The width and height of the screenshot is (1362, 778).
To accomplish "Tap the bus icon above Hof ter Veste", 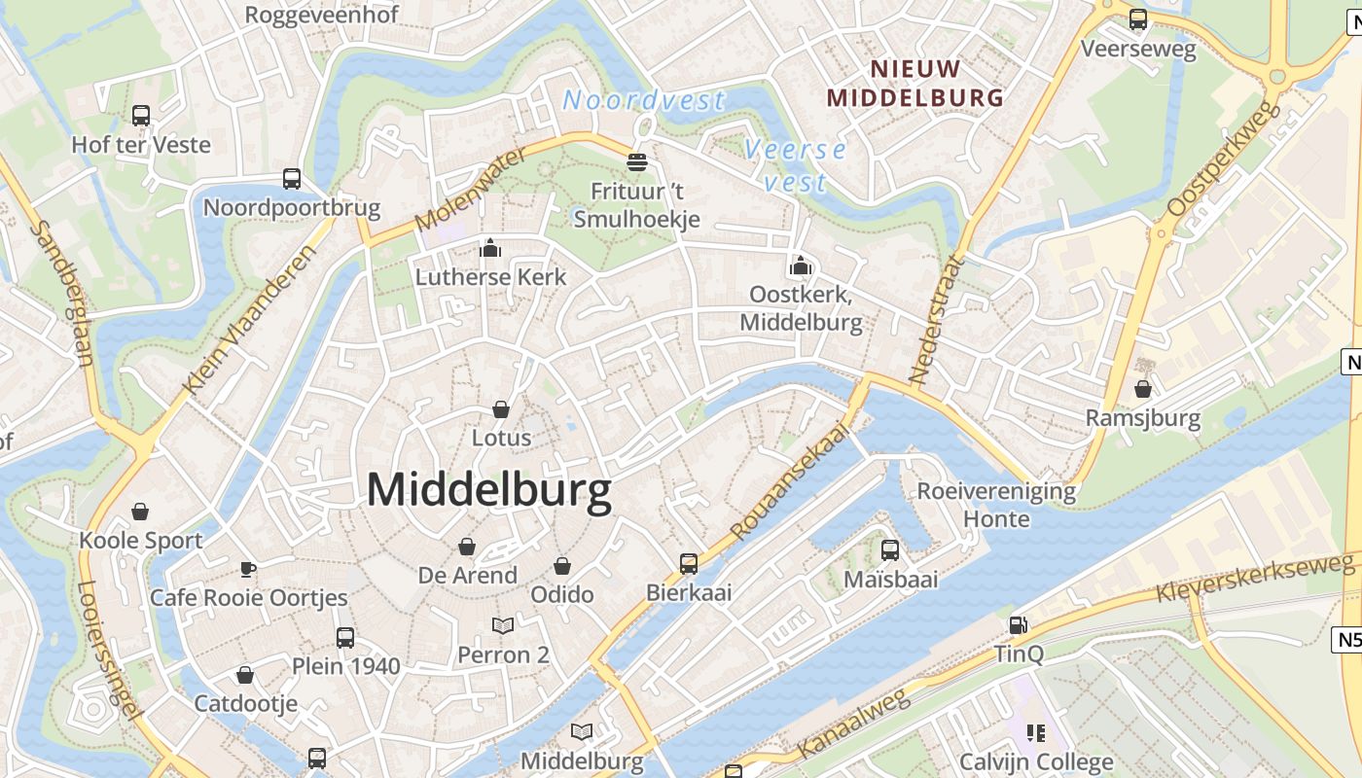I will pos(141,116).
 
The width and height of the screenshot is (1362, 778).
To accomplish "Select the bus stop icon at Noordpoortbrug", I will pos(292,178).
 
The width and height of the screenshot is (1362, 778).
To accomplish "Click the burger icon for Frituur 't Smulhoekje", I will pos(637,161).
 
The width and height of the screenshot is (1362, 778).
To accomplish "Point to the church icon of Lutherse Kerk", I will pos(490,248).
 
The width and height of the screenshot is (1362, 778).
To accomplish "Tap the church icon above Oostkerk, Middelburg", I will pos(801,265).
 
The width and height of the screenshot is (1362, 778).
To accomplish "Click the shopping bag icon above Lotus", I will pos(501,409).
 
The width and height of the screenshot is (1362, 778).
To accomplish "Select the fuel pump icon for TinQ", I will pos(1018,625).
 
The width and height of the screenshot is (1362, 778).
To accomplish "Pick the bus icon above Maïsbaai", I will pos(889,550).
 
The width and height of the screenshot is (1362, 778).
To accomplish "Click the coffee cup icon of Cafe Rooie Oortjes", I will pos(248,569).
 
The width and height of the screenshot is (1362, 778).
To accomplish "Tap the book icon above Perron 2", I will pos(503,626).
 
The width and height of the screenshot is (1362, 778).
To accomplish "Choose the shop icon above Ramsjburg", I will pos(1143,390).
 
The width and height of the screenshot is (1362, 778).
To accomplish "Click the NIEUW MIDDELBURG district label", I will pos(914,84).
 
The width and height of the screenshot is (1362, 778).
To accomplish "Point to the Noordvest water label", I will pos(644,100).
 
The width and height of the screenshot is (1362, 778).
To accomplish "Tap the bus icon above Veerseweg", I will pos(1138,19).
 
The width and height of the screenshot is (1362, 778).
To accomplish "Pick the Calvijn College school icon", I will pos(1035,732).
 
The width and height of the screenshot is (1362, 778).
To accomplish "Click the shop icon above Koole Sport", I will pos(141,512).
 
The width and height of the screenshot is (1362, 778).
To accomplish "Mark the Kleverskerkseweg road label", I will pos(1254,579).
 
